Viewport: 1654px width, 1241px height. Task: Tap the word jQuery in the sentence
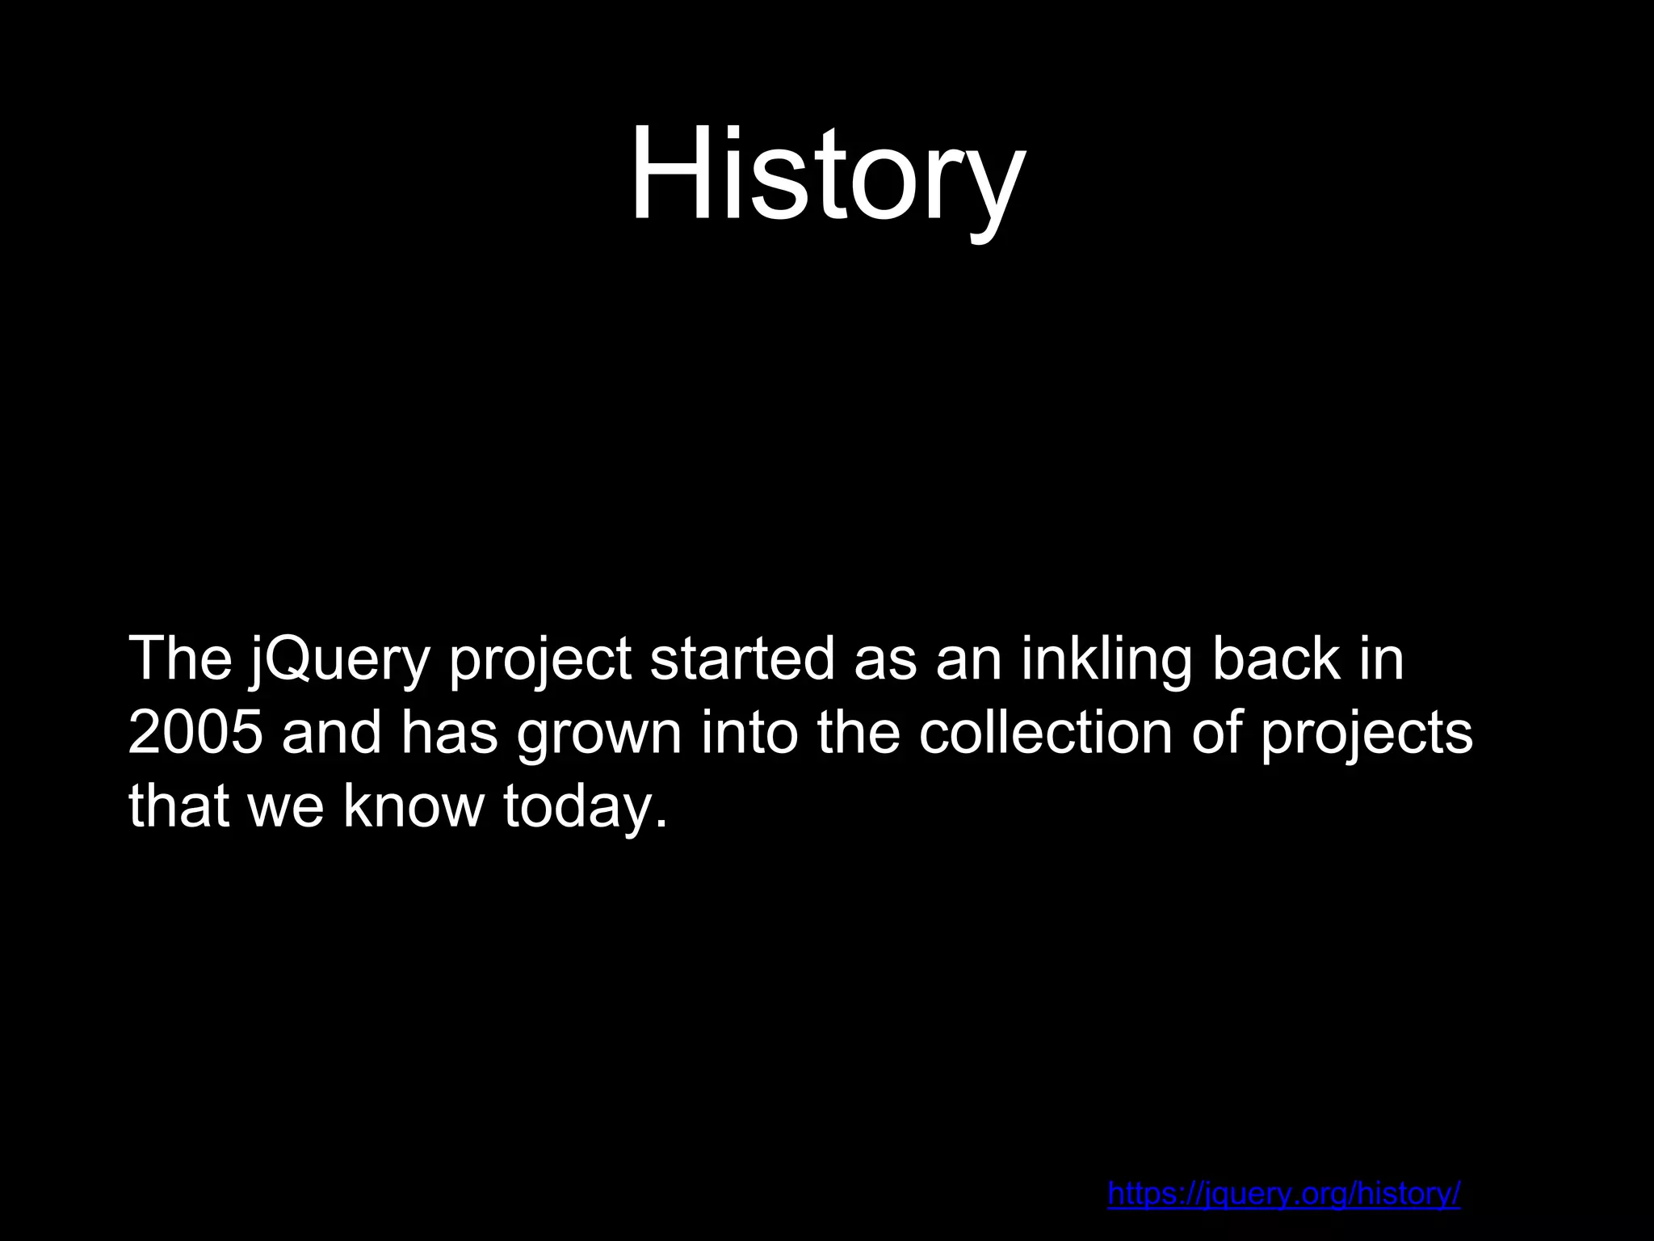[338, 661]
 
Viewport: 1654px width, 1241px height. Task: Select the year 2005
[195, 734]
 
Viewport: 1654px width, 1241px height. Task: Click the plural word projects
[1366, 735]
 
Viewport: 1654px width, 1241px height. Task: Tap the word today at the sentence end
[585, 806]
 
